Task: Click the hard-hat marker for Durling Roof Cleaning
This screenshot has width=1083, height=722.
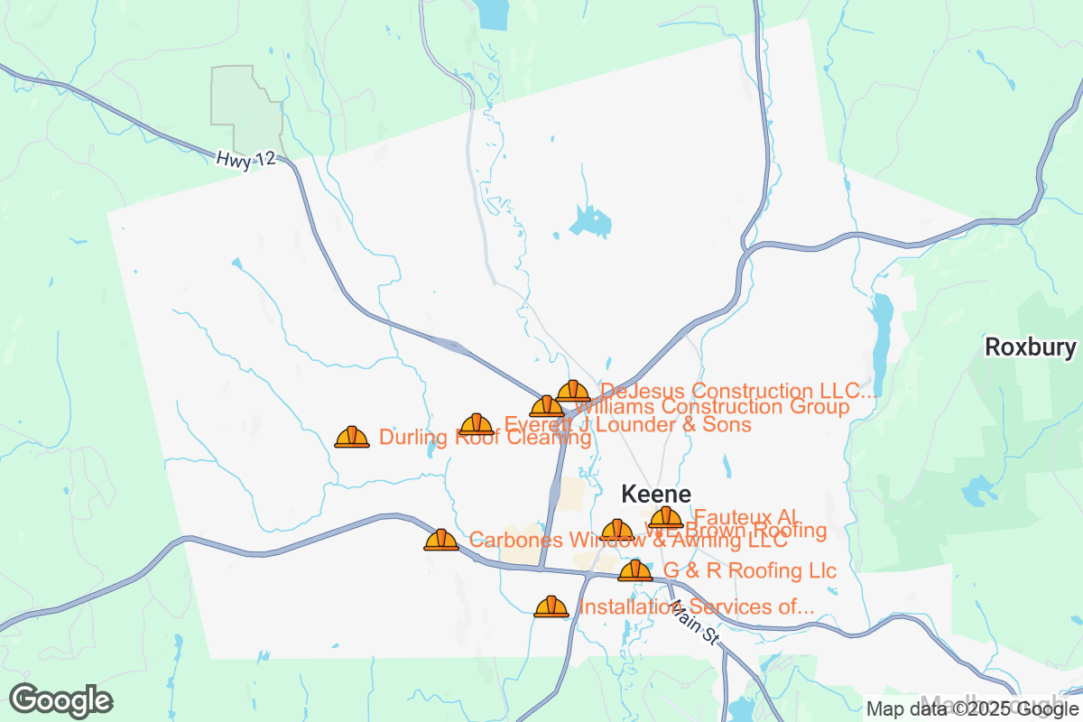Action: pos(352,437)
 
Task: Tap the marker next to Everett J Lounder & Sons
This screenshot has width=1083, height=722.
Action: pos(477,424)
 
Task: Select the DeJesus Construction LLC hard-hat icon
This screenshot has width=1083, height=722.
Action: pos(573,391)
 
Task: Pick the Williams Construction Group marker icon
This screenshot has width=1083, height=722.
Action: pos(547,406)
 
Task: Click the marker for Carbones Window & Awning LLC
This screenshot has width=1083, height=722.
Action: pos(441,540)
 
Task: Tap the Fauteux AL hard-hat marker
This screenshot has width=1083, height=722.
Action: pos(666,517)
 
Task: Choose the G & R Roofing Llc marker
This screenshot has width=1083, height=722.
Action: pos(635,570)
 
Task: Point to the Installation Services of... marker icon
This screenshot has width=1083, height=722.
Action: pos(551,606)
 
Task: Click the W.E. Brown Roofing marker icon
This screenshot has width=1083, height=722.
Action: pos(617,531)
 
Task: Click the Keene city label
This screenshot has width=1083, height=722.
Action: pos(656,495)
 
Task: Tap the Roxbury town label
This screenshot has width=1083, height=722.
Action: pos(1030,347)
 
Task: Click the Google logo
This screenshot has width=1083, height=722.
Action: pos(61,700)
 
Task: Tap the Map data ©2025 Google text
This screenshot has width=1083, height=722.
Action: pos(971,708)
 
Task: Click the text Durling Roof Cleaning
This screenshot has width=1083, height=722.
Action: pos(485,438)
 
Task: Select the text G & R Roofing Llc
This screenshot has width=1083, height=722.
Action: pos(750,571)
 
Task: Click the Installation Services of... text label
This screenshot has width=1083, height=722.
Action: pos(696,607)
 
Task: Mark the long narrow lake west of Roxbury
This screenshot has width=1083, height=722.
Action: pos(882,333)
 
